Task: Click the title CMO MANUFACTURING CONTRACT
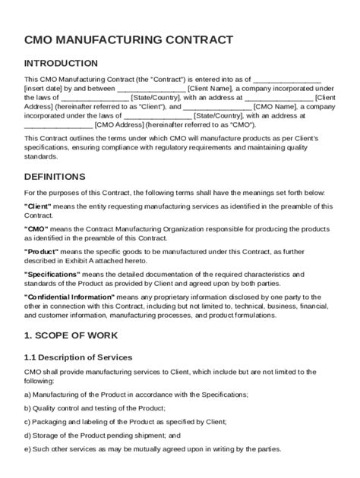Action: (128, 38)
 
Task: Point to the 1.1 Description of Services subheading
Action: (78, 357)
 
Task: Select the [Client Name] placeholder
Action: (218, 88)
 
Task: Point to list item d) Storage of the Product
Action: (102, 436)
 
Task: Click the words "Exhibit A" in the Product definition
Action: (100, 259)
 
